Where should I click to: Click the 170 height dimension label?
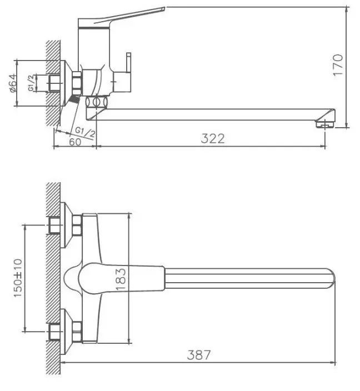coord(338,65)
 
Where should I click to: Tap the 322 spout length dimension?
coord(213,139)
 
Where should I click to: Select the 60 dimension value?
coord(75,142)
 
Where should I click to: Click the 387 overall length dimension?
coord(199,355)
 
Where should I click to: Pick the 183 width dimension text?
coord(121,279)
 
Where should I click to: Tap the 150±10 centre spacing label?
coord(18,278)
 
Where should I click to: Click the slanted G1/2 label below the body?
coord(85,132)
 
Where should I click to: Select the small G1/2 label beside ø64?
coord(31,83)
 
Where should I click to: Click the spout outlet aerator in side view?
coord(325,124)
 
